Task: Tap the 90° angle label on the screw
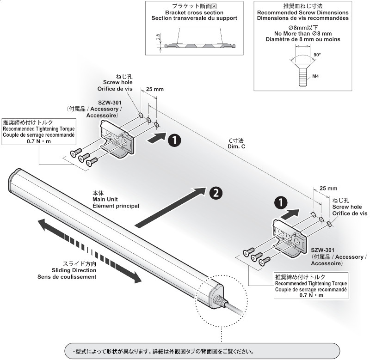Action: coord(316,55)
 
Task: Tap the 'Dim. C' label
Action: coord(236,146)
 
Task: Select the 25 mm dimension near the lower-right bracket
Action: coord(328,189)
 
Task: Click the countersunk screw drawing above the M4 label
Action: coord(302,69)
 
